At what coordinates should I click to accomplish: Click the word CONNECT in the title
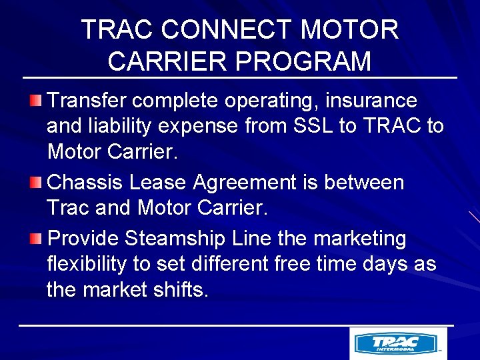[x=227, y=29]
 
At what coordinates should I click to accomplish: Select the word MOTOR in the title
[x=350, y=29]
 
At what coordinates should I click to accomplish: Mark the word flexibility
[x=87, y=264]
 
